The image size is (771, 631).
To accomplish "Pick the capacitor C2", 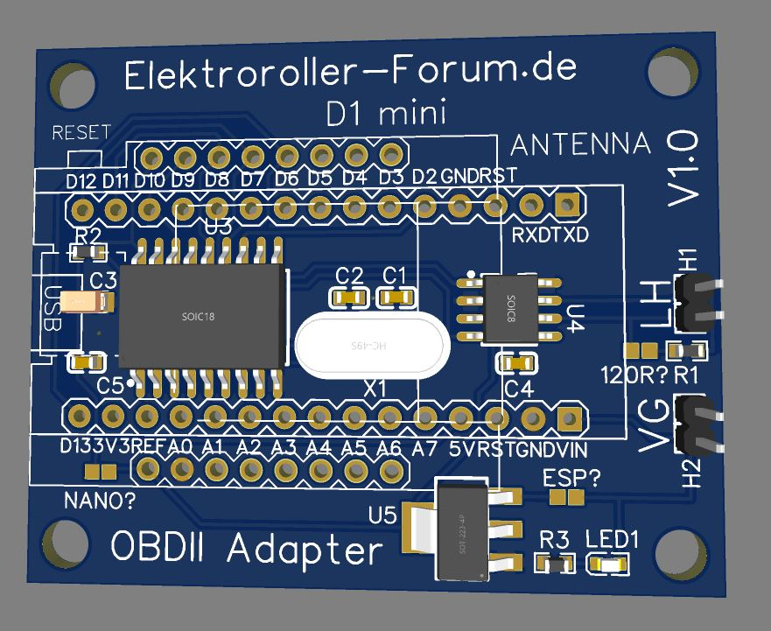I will point(349,298).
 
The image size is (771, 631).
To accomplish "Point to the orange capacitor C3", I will point(86,303).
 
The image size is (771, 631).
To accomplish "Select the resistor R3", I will point(553,564).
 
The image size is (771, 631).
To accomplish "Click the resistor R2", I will point(88,254).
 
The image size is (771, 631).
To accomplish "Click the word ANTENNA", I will point(580,144).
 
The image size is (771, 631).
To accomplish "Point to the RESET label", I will point(81,133).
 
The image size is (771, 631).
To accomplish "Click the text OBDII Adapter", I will point(247,550).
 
